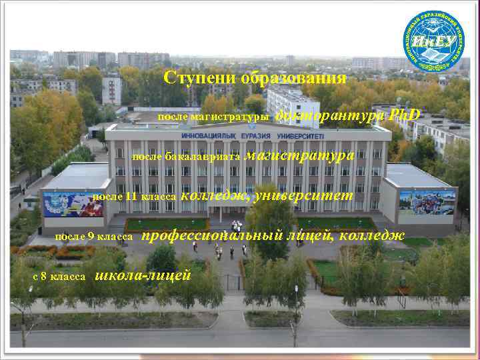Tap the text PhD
point(405,115)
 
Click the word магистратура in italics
point(299,155)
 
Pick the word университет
point(303,195)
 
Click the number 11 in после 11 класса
point(131,197)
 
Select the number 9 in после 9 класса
point(91,237)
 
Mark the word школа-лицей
point(144,275)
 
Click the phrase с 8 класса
point(59,276)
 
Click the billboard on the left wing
point(73,203)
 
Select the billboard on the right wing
point(427,204)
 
